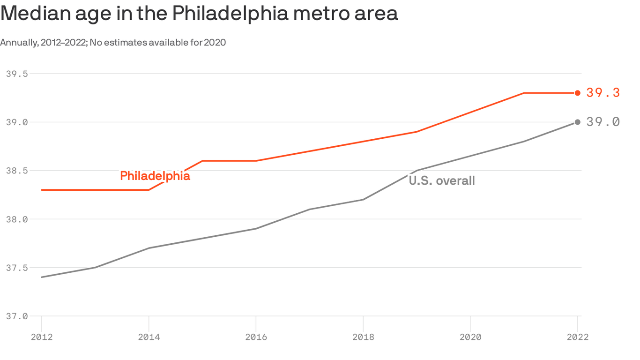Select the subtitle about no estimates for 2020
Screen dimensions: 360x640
[x=113, y=43]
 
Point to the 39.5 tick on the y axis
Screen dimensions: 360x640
[x=17, y=74]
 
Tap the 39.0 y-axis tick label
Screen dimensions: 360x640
[x=17, y=122]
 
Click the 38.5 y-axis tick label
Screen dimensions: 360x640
[x=17, y=171]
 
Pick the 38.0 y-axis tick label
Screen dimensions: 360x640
[x=17, y=219]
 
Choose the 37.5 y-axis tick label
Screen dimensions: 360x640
[x=17, y=268]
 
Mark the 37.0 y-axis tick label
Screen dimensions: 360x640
[x=17, y=316]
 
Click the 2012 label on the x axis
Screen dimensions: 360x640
[x=42, y=337]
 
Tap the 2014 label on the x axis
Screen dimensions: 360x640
[x=149, y=337]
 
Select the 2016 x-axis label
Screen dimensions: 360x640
[x=256, y=337]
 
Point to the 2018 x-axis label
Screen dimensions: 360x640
[x=363, y=337]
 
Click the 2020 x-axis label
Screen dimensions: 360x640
[x=470, y=337]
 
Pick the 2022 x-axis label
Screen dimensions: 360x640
[x=577, y=337]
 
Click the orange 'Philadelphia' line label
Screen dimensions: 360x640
[x=155, y=176]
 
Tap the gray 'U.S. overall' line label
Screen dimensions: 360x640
[x=442, y=180]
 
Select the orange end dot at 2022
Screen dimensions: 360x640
[x=578, y=93]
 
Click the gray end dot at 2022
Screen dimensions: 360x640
[x=578, y=122]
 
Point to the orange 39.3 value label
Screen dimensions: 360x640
[x=603, y=93]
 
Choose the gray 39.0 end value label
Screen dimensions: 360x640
[x=603, y=122]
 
